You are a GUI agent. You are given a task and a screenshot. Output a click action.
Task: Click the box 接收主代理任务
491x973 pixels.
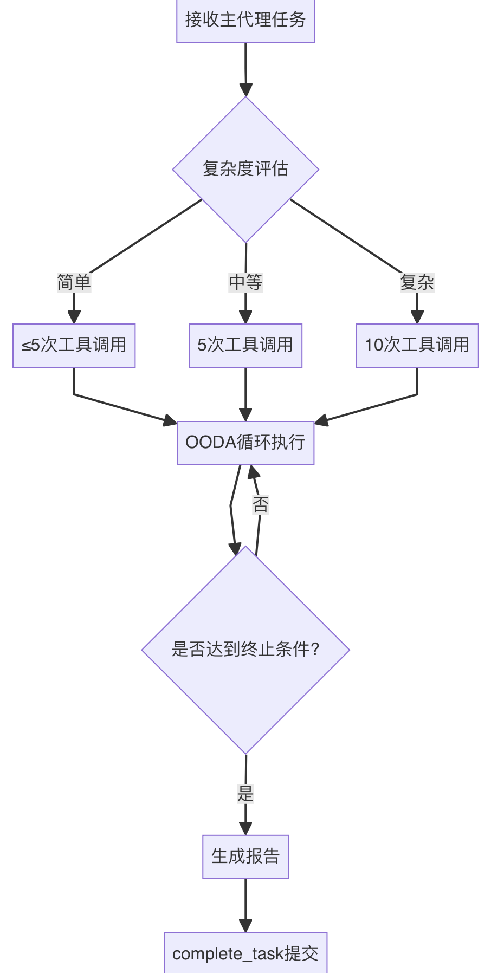[245, 21]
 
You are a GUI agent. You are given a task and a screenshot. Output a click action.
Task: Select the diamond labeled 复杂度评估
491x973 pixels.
[245, 169]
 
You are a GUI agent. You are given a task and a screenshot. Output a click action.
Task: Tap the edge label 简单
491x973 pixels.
[74, 282]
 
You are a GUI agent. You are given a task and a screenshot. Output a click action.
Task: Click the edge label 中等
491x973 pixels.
[245, 282]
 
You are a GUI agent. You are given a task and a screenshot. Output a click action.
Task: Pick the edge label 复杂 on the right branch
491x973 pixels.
[417, 282]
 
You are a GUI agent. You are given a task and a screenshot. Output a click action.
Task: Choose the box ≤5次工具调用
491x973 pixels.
[74, 345]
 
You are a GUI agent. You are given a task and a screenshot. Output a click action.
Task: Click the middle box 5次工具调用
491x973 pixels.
[245, 345]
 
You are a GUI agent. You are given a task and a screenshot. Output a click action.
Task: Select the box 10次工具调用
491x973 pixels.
[417, 345]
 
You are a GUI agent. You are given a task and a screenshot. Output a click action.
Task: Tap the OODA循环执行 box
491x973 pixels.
[245, 443]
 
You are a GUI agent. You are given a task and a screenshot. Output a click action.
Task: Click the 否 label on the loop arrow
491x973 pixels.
[261, 505]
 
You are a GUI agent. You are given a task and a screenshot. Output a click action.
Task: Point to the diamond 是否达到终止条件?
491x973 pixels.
[245, 650]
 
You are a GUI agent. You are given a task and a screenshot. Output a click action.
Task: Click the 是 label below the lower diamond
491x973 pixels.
[245, 794]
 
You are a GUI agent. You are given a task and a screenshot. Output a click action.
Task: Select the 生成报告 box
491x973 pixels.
[245, 857]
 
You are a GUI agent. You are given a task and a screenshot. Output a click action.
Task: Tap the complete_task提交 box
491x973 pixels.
[245, 953]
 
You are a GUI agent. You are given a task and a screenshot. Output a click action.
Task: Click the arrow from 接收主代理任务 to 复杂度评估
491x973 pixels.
[245, 68]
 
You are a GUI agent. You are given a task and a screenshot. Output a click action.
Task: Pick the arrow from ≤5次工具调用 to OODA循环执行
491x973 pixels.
[119, 407]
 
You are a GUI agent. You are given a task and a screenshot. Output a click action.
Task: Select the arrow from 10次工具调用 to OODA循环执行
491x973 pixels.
[374, 407]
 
